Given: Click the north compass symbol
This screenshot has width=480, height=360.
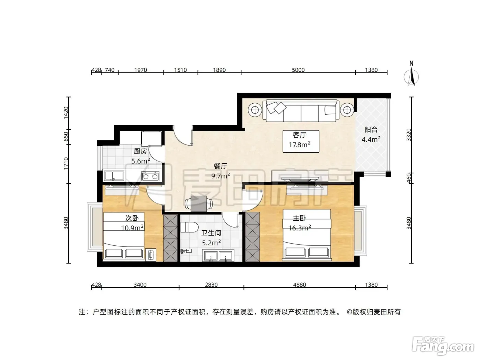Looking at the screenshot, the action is (411, 74).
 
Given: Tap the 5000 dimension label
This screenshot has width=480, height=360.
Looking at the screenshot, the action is (298, 70).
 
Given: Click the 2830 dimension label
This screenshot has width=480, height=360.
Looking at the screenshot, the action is (211, 285).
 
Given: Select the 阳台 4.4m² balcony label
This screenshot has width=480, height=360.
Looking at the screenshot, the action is (371, 135).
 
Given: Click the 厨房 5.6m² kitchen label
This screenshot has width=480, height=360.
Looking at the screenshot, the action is (140, 156).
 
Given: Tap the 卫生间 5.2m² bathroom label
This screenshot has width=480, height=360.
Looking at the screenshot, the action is (211, 238).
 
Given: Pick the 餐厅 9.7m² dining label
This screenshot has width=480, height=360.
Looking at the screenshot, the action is (221, 171).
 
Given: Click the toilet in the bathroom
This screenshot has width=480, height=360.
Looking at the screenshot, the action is (189, 228).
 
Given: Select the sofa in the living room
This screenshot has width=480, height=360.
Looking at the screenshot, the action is (301, 111).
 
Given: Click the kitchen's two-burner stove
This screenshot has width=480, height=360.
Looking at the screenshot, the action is (150, 176).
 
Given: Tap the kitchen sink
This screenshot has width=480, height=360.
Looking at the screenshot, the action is (114, 176).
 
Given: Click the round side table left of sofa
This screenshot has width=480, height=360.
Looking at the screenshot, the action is (255, 110).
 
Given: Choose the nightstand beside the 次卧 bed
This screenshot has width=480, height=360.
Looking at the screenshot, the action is (151, 255).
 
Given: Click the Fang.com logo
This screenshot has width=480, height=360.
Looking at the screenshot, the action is (443, 346).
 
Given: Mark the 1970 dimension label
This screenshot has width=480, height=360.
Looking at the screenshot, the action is (140, 70).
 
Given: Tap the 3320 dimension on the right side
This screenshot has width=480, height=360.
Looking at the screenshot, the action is (408, 135).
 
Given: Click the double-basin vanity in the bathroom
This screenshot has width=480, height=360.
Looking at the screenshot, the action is (218, 255).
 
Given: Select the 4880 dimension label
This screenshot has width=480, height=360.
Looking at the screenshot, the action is (300, 285).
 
